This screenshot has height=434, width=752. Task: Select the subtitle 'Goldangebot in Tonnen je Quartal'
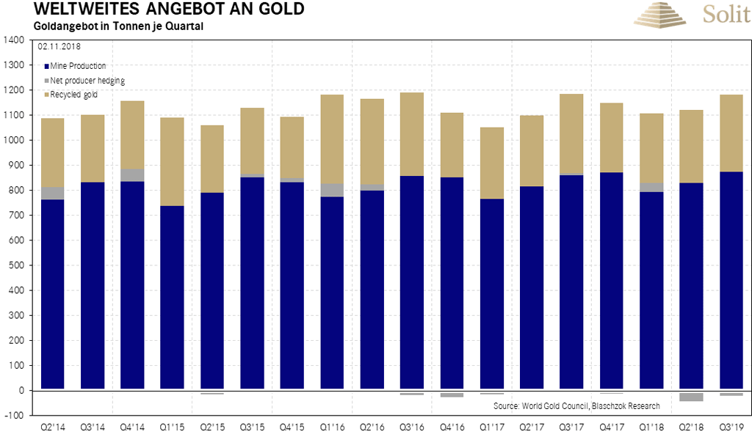click(117, 26)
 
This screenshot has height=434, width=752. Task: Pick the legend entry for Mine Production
click(79, 66)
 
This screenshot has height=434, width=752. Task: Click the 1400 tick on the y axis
click(13, 40)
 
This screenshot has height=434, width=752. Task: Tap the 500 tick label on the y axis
click(15, 265)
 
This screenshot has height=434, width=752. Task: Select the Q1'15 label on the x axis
click(172, 425)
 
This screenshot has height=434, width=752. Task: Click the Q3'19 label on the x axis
click(731, 425)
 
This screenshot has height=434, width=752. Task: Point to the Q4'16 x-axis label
click(451, 425)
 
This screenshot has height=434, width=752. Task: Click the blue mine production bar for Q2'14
click(52, 293)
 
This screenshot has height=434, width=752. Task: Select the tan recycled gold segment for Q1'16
click(332, 139)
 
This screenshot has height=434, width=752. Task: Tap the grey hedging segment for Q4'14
click(132, 174)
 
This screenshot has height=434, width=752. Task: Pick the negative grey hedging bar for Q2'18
click(691, 397)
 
